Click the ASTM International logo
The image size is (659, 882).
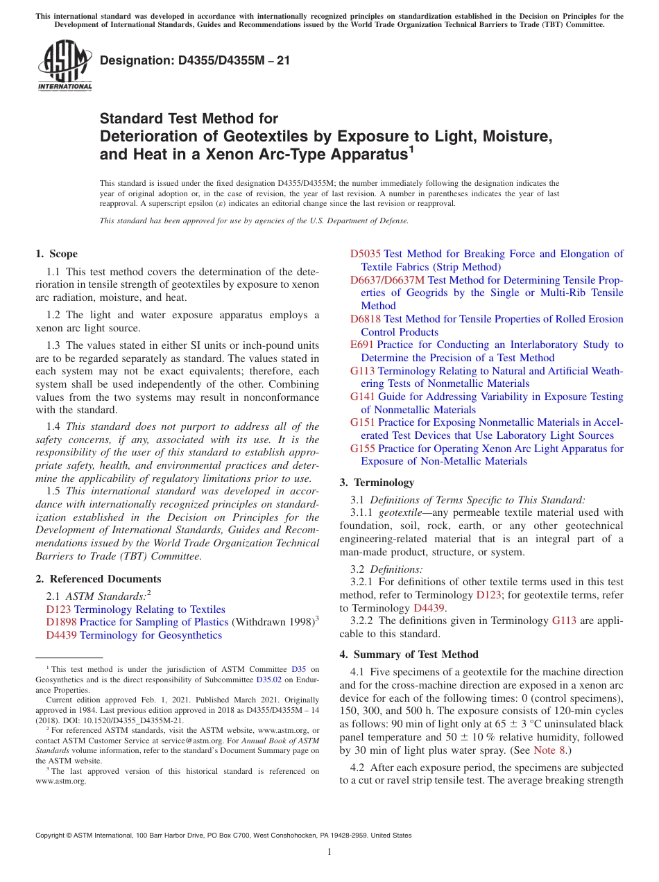[x=64, y=67]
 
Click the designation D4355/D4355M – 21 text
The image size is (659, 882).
[x=195, y=61]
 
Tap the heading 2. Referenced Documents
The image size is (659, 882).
[x=98, y=579]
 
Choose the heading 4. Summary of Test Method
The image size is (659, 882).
[x=409, y=655]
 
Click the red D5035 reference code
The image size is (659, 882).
[x=366, y=254]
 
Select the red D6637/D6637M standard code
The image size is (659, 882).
[x=387, y=280]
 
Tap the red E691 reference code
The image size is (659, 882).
[x=362, y=345]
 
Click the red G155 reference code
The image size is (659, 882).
[x=363, y=449]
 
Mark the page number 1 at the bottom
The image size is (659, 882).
[x=329, y=852]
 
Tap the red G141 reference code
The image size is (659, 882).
[x=363, y=397]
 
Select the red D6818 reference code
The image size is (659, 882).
[x=366, y=319]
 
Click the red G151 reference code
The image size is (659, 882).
[x=363, y=422]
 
